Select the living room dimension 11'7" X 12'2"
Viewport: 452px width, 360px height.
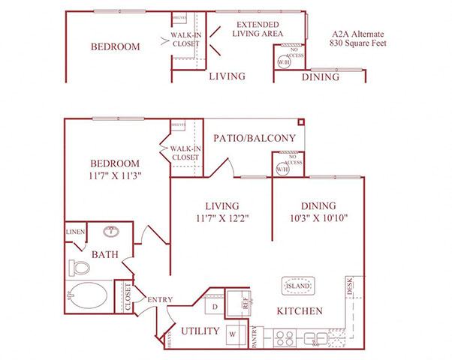223,218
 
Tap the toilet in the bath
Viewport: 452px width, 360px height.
77,267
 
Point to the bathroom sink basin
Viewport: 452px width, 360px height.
110,232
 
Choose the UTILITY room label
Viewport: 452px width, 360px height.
200,331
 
